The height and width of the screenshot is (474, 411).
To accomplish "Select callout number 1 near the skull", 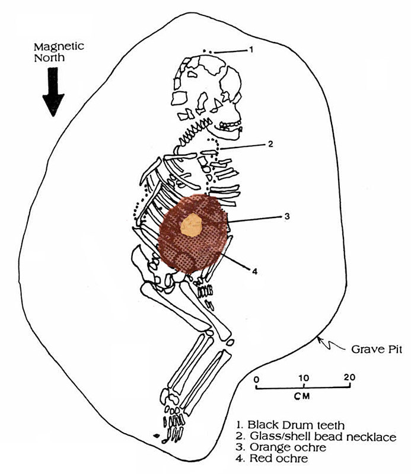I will [251, 50].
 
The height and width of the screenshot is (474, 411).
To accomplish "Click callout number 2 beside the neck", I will [270, 144].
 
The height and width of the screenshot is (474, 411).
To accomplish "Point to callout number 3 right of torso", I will [286, 216].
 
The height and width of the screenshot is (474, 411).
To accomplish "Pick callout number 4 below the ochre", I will [254, 271].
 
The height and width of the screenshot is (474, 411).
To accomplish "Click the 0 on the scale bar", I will [256, 377].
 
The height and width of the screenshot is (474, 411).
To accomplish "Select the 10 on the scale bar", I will [302, 377].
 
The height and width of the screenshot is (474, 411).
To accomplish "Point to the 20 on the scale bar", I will [349, 377].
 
